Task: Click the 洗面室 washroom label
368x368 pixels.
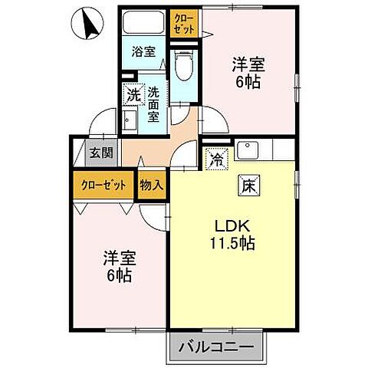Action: tap(153, 103)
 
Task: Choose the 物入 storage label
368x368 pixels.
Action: tap(152, 184)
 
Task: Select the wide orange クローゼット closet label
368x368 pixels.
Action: tap(104, 185)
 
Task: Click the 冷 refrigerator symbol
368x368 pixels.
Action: tap(217, 160)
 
